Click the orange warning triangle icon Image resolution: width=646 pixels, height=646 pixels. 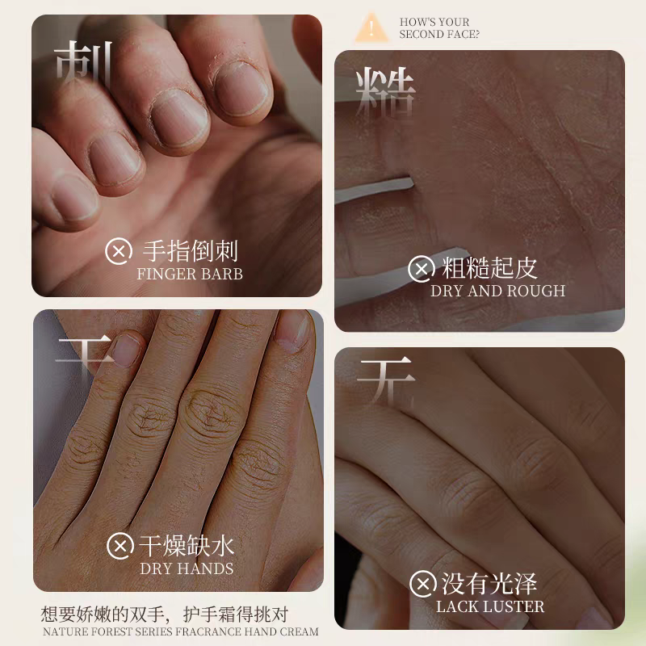[371, 27]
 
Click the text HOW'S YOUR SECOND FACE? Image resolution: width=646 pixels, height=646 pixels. [439, 28]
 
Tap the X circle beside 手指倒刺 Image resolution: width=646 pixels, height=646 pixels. [119, 251]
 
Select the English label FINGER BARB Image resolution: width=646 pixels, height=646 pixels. [190, 274]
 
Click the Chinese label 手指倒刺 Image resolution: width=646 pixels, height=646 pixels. [191, 251]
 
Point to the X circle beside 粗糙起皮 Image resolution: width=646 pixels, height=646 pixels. [422, 269]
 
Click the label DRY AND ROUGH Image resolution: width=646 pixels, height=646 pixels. [497, 291]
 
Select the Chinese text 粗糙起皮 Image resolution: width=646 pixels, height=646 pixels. [489, 268]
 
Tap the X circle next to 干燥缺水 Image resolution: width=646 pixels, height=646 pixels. [120, 546]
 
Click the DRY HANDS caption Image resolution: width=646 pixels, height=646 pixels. [187, 568]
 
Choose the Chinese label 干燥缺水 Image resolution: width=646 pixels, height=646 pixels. [187, 546]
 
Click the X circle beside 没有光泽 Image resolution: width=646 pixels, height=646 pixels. [422, 583]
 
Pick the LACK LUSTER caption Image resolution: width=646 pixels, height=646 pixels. [490, 606]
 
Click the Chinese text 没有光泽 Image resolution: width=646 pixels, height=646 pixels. [489, 583]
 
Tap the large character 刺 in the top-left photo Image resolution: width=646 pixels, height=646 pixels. [84, 66]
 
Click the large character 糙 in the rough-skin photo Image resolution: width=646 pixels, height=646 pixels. [385, 94]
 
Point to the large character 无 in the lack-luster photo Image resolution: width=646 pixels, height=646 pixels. [386, 381]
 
